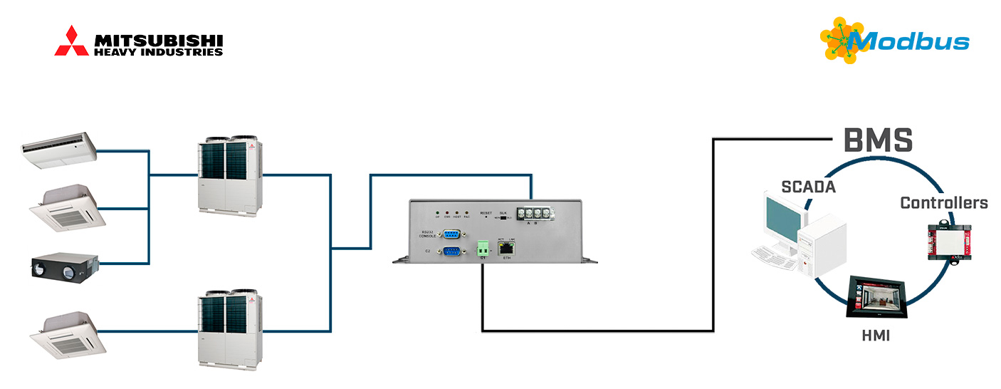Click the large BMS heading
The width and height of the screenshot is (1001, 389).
(878, 141)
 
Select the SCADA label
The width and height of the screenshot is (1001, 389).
(807, 187)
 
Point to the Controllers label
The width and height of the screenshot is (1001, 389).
(944, 203)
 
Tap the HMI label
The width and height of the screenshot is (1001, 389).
(874, 335)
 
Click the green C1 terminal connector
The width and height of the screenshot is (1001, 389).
(483, 249)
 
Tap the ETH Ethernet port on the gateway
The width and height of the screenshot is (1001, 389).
(506, 249)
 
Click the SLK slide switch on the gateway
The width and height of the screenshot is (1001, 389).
(503, 218)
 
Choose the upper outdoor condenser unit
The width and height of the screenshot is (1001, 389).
(229, 176)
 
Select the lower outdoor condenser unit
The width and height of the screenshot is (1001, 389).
(229, 327)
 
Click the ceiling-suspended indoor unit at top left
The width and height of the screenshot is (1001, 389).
(59, 150)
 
